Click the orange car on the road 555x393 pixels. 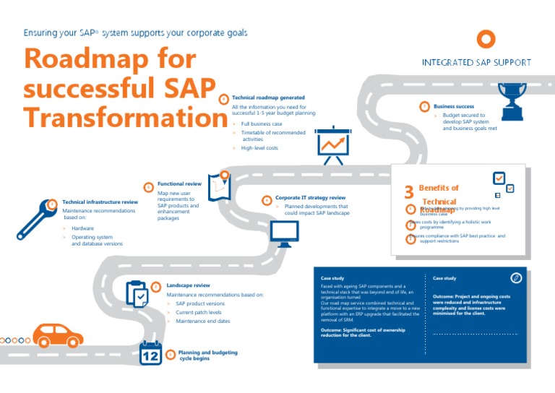[x=59, y=335]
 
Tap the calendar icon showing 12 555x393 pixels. [x=151, y=353]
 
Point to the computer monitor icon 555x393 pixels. [x=284, y=233]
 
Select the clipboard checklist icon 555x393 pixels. [x=137, y=294]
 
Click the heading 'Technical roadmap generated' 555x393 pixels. [x=268, y=98]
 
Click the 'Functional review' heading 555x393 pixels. [x=179, y=184]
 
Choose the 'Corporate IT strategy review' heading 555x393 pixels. [x=310, y=198]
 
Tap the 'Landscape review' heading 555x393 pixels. [x=188, y=285]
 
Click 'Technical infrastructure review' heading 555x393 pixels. [x=100, y=202]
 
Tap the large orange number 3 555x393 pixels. [x=408, y=192]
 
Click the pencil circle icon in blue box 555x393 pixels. [x=516, y=278]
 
